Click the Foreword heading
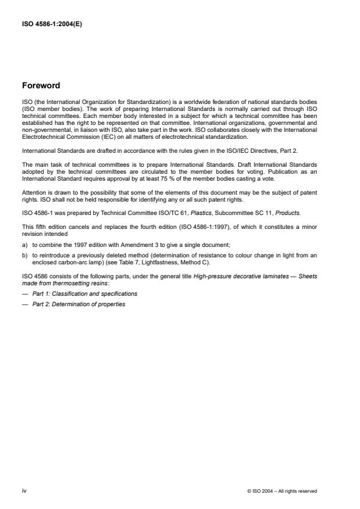(41, 86)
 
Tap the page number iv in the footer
(24, 490)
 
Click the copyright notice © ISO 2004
(282, 491)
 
